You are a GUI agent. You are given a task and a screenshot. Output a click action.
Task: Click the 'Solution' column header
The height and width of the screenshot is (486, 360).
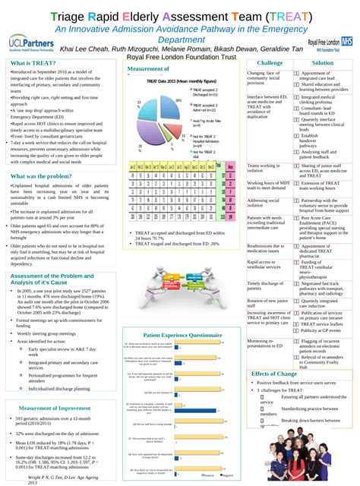coord(323,63)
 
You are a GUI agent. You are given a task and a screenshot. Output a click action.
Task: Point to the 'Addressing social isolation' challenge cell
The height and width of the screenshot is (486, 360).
coord(264,203)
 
